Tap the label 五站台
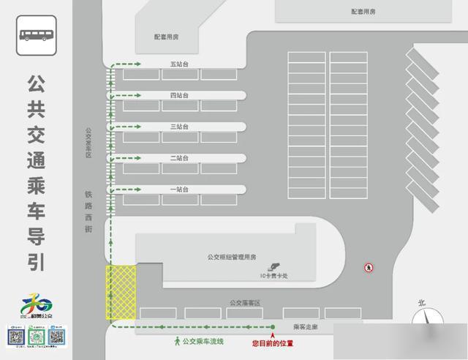179,64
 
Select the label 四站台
179,96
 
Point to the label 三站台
179,127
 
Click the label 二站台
179,158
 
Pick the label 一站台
179,189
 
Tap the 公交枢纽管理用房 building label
232,257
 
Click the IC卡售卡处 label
275,276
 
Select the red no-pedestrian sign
370,268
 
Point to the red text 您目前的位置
272,342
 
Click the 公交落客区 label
245,302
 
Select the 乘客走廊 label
305,327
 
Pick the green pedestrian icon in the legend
176,341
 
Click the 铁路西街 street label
88,212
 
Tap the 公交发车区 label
88,143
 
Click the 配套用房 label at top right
363,11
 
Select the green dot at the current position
272,327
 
